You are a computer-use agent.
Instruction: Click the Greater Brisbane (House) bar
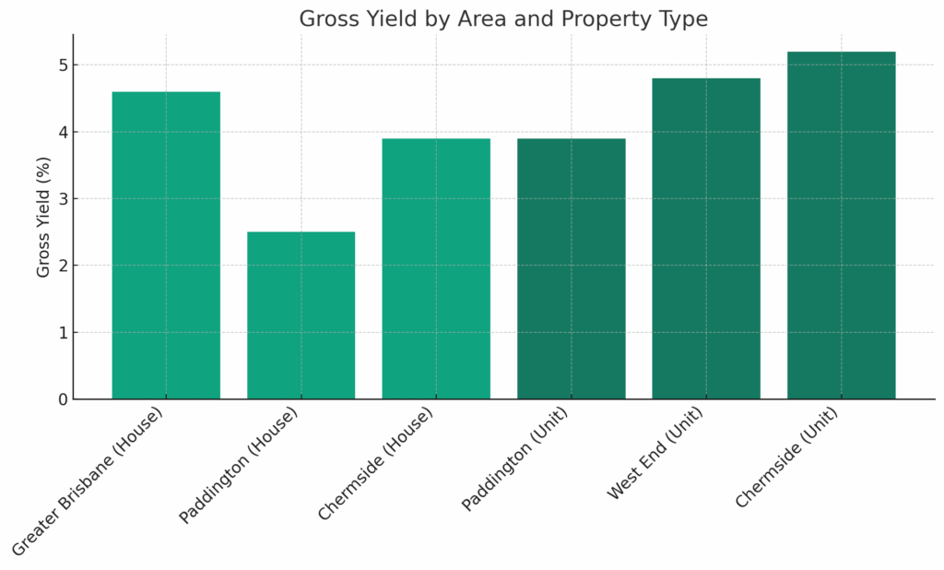click(x=166, y=245)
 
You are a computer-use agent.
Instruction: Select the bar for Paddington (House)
click(x=301, y=315)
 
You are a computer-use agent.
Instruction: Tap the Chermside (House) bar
click(x=436, y=268)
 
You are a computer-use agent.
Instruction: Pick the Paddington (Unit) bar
click(x=571, y=268)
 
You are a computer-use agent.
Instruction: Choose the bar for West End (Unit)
click(x=706, y=238)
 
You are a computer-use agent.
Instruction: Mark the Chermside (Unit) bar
click(x=841, y=225)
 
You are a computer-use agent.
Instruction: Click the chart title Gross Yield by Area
click(x=503, y=18)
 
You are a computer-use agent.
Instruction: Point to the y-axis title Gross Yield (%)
click(x=44, y=216)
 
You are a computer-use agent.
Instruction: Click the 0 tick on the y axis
click(x=62, y=399)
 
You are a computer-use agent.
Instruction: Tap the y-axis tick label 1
click(x=62, y=332)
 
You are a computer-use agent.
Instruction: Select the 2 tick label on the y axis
click(x=62, y=266)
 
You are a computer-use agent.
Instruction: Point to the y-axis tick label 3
click(x=62, y=199)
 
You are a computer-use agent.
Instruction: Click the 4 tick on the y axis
click(x=62, y=132)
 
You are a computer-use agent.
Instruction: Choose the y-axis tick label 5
click(x=62, y=65)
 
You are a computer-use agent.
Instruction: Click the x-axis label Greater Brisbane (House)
click(x=89, y=481)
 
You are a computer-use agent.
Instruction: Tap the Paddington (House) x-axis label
click(x=240, y=466)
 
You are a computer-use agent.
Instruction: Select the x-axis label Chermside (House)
click(x=376, y=464)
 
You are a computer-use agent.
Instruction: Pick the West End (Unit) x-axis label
click(x=656, y=454)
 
